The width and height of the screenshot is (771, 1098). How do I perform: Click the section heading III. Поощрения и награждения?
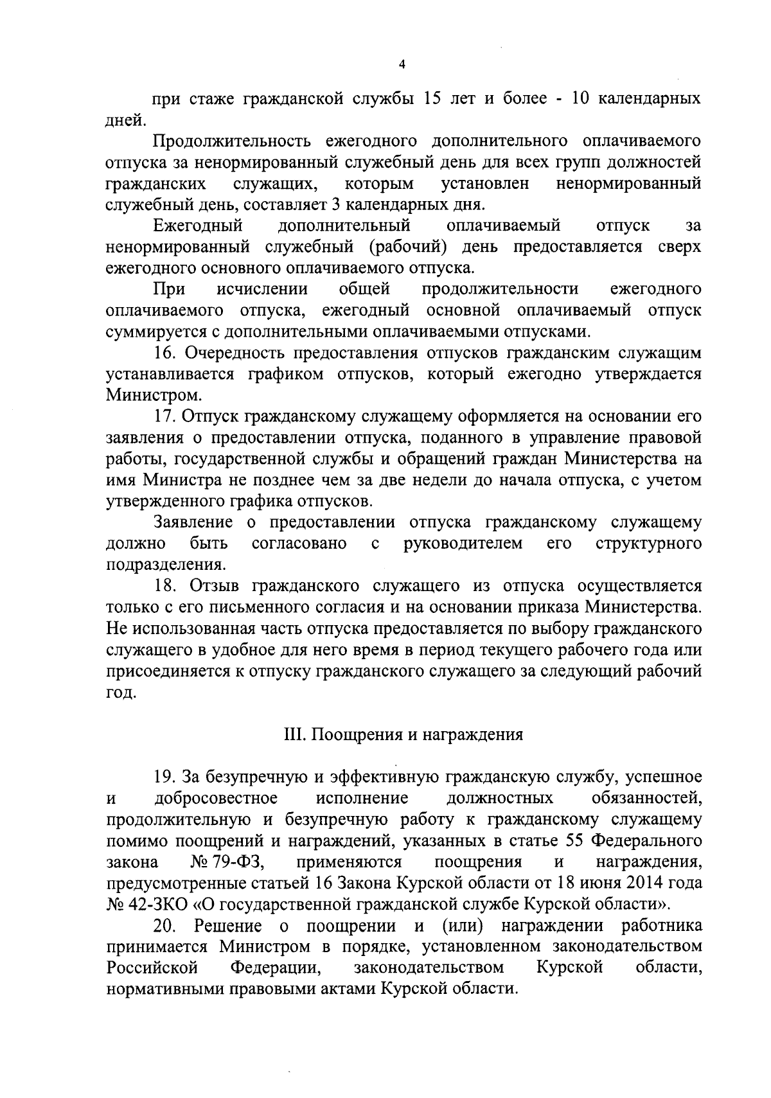(x=403, y=734)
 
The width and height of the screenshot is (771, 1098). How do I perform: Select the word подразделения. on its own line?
(x=166, y=565)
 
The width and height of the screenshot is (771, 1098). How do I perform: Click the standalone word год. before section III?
(x=120, y=693)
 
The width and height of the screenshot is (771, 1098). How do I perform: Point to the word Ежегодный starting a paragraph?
(x=198, y=226)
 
